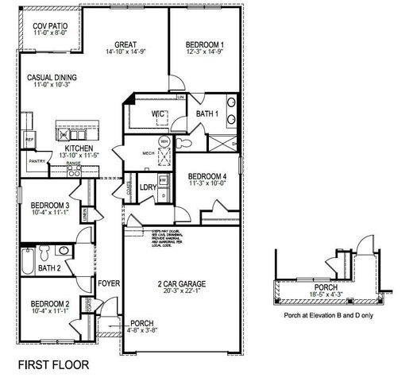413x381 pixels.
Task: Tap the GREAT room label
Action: tap(127, 44)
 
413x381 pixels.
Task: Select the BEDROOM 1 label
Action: tap(204, 44)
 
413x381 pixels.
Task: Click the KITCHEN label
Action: tap(79, 148)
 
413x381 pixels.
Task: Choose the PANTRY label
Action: tap(37, 160)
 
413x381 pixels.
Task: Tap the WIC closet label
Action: tap(158, 114)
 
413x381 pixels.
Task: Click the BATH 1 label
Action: tap(210, 114)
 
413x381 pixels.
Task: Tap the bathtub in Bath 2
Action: tap(27, 260)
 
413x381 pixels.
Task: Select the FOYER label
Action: tap(107, 283)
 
